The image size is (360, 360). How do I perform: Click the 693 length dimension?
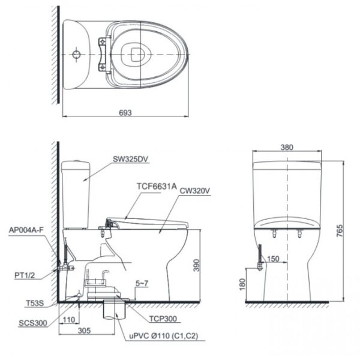(125, 112)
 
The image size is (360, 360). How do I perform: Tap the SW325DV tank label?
(130, 160)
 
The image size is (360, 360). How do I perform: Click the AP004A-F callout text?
(27, 230)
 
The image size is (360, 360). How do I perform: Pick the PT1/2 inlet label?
(23, 275)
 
